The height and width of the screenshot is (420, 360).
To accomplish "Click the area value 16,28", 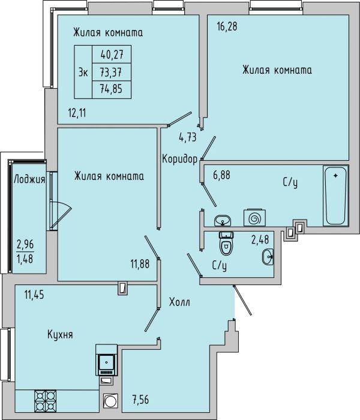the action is click(227, 27).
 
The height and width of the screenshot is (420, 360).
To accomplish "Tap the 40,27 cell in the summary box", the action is click(112, 55).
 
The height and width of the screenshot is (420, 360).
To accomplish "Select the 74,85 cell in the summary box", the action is click(111, 89).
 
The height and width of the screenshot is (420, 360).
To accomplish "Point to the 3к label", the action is click(83, 73).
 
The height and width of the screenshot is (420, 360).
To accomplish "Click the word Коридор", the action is click(180, 159).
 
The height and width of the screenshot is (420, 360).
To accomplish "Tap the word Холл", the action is click(180, 302).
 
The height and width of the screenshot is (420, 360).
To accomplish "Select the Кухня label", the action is click(60, 335).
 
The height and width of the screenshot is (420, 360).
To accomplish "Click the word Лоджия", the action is click(29, 179).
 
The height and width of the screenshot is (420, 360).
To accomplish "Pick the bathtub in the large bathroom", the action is click(335, 196).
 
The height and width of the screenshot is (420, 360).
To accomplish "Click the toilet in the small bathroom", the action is click(226, 243).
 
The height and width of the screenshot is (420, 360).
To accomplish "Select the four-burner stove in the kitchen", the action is click(45, 400).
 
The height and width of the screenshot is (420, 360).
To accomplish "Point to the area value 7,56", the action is click(140, 400).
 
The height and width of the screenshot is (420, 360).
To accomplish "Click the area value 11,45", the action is click(34, 295).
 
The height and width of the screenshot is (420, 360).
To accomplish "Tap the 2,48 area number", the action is click(260, 240).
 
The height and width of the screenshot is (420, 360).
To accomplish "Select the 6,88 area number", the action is click(221, 175).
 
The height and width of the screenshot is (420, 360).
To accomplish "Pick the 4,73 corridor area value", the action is click(187, 137).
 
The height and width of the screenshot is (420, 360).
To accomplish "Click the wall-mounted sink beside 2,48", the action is click(268, 257).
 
